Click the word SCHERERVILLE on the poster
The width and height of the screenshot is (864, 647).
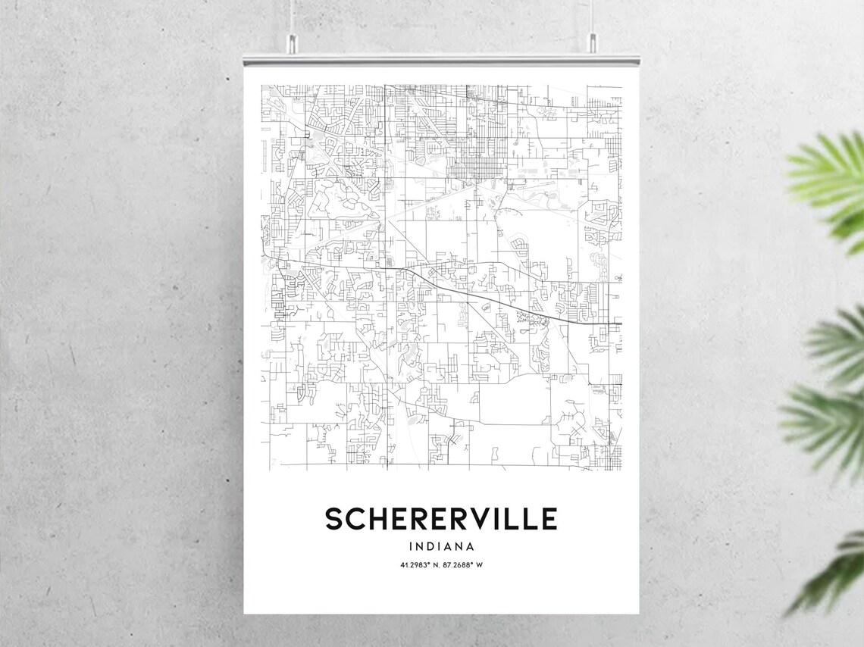[x=441, y=519]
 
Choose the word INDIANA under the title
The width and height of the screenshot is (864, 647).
[x=441, y=546]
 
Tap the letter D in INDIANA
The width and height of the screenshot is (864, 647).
[x=428, y=546]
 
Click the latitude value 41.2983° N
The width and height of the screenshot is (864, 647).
[x=418, y=565]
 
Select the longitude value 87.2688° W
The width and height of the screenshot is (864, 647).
[x=464, y=565]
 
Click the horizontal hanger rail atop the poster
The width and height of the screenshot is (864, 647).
[x=441, y=58]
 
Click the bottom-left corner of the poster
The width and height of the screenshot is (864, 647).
[x=245, y=612]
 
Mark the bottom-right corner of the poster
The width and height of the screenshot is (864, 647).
[x=637, y=612]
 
